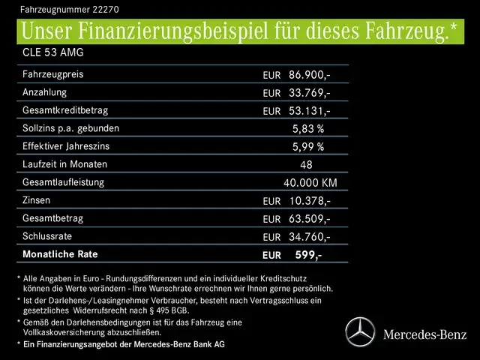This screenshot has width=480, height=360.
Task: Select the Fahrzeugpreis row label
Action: (53, 75)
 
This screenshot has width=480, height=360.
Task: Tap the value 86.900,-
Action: (309, 75)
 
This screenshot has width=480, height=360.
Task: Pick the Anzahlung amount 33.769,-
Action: (309, 93)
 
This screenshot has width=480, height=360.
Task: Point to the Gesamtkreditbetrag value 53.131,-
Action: (309, 111)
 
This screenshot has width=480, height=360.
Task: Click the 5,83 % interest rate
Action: (308, 129)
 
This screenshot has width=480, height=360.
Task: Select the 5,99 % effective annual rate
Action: (308, 147)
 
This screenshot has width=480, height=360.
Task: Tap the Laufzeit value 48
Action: (305, 165)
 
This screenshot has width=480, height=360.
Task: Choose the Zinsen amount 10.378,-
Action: (309, 201)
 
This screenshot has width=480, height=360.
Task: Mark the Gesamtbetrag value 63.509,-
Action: (309, 219)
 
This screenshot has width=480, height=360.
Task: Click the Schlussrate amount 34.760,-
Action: (309, 237)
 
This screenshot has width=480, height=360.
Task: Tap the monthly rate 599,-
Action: (308, 255)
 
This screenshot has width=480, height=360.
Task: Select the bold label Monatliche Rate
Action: (60, 254)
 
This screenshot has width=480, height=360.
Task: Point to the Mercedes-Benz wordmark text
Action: (424, 334)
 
